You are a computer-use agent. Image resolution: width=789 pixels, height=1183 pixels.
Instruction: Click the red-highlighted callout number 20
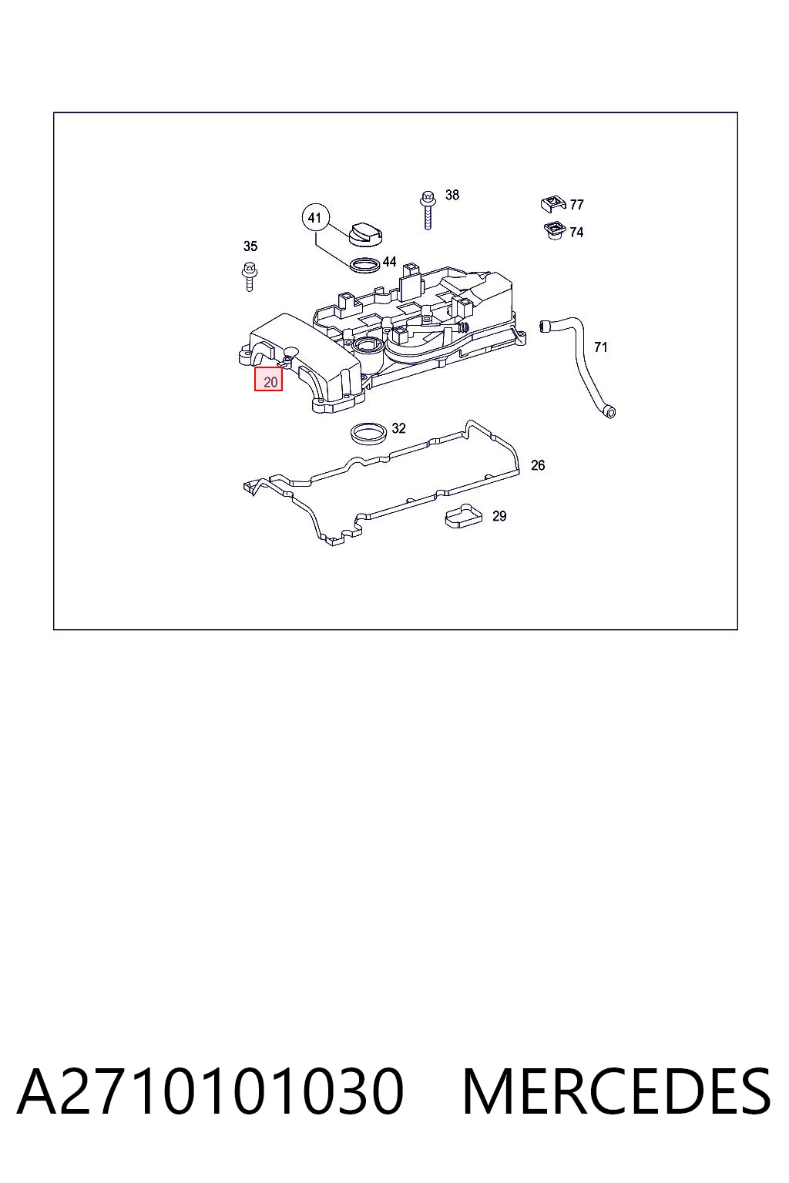[x=268, y=379]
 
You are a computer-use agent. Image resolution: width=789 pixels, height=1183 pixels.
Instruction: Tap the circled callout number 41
[x=315, y=218]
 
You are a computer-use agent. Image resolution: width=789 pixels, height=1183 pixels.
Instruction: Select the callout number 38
[x=452, y=195]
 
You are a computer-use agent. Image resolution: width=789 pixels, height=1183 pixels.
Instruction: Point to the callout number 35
[x=250, y=246]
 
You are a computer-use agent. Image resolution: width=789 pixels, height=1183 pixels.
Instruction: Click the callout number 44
[x=389, y=261]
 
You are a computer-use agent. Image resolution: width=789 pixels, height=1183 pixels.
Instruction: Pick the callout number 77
[x=576, y=204]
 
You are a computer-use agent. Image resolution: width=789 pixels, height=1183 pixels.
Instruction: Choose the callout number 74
[x=576, y=233]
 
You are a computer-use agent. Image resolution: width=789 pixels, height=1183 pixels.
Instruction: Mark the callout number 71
[x=600, y=347]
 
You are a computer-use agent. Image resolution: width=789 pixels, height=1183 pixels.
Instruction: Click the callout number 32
[x=398, y=428]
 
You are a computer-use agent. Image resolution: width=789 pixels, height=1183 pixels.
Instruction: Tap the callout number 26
[x=538, y=465]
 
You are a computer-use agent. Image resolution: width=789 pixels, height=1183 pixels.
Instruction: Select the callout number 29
[x=499, y=516]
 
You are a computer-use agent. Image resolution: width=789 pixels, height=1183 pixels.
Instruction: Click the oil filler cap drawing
[x=366, y=234]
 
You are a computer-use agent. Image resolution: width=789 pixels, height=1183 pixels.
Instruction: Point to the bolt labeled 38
[x=428, y=209]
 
